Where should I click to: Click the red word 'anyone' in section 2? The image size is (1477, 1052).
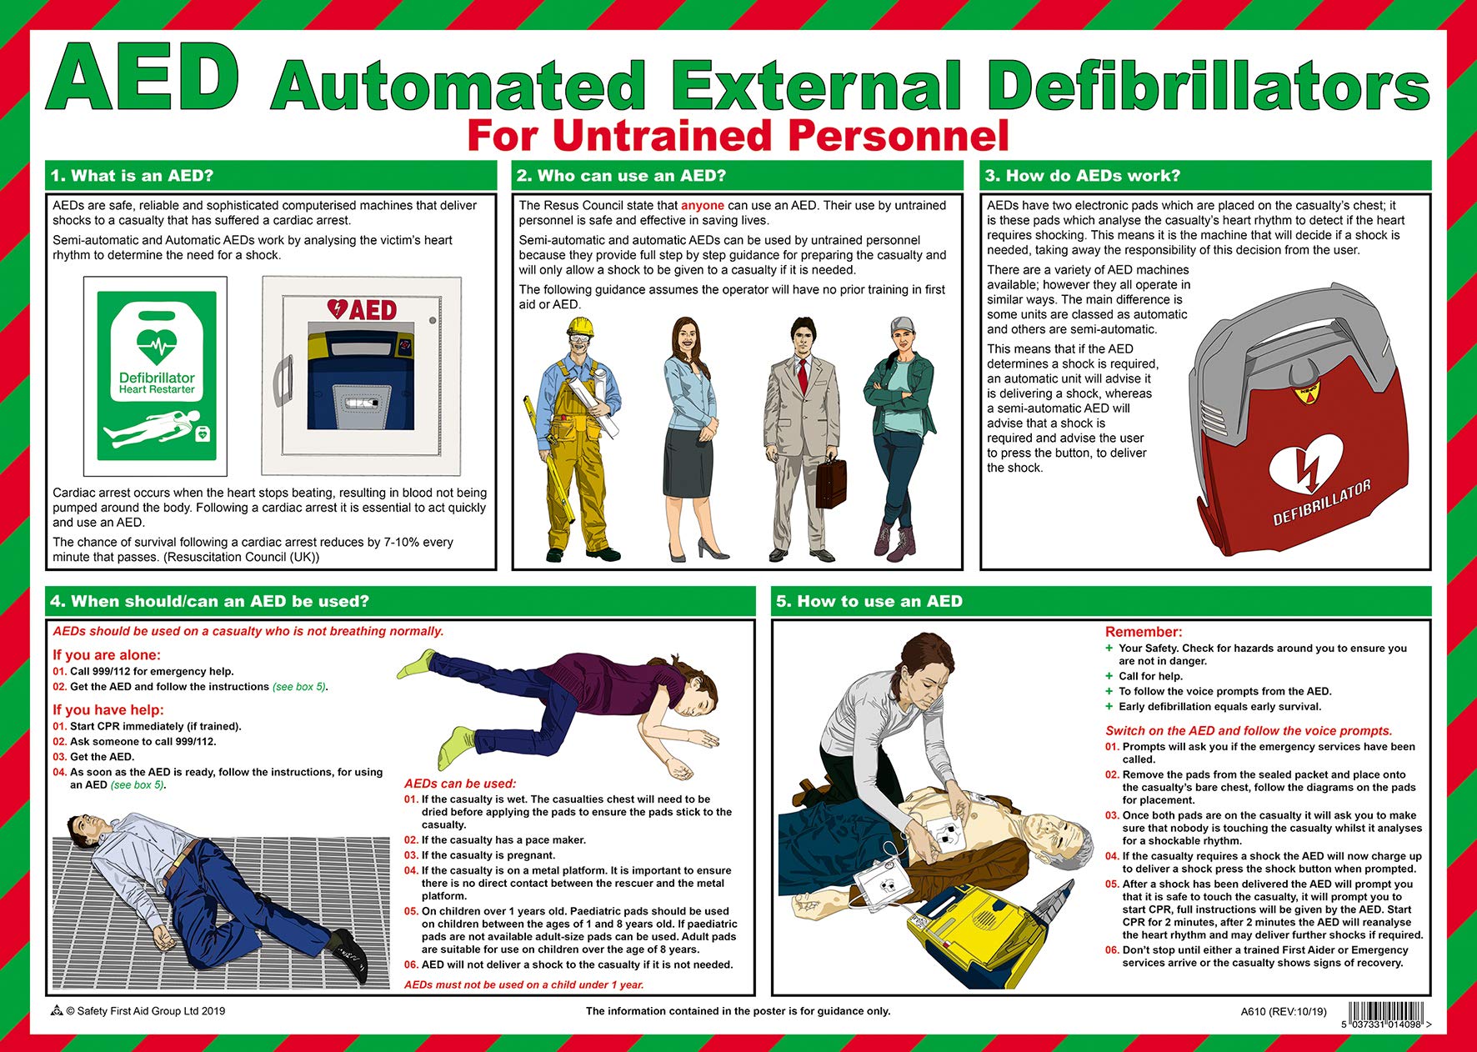point(702,205)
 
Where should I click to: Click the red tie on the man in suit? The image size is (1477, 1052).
point(803,375)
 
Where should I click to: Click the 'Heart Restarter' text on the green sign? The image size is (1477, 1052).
point(157,389)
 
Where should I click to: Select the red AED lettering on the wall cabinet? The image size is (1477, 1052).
point(363,310)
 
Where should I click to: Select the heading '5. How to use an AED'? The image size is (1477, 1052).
point(869,601)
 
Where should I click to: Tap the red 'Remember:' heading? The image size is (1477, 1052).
point(1144,632)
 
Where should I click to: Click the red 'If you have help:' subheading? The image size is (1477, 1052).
point(108,709)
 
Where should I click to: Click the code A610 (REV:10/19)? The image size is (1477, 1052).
point(1283,1011)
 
